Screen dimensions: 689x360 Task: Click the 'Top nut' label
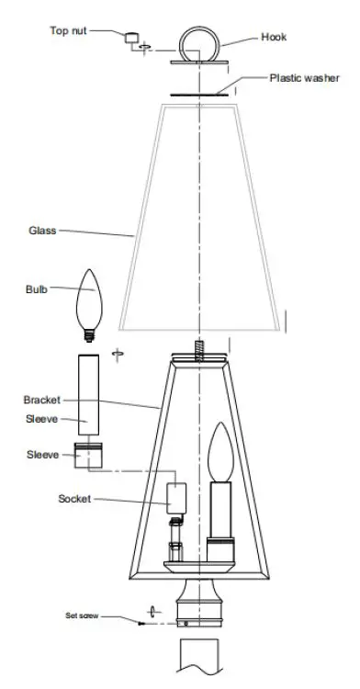click(x=70, y=31)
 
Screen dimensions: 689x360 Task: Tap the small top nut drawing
click(x=133, y=39)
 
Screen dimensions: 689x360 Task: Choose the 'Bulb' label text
click(x=38, y=289)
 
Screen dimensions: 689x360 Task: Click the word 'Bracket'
click(x=41, y=401)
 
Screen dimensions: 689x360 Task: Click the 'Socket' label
click(x=75, y=499)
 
